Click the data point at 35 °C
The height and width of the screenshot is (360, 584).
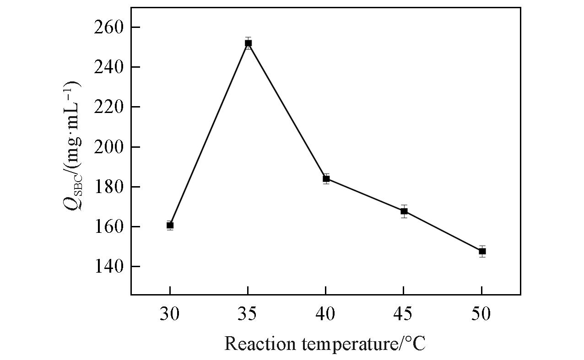point(248,43)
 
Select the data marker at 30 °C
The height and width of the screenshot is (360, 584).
point(170,225)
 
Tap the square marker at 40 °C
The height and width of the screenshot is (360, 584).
point(326,178)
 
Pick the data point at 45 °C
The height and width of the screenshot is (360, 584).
point(404,211)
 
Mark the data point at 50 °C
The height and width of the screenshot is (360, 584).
point(482,251)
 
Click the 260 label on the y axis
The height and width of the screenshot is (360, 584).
point(108,27)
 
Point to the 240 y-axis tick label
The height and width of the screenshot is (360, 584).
point(108,67)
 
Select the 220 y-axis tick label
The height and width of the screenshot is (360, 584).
point(108,107)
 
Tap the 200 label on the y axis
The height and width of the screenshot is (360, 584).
point(108,147)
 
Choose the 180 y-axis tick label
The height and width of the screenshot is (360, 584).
point(108,187)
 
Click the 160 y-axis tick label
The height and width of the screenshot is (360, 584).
point(108,226)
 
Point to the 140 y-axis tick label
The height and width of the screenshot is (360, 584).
point(108,266)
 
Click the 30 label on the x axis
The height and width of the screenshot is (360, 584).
point(170,314)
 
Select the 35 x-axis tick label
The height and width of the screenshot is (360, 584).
point(248,314)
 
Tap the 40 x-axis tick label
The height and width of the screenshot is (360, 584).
point(325,314)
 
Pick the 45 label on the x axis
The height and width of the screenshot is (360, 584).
point(403,314)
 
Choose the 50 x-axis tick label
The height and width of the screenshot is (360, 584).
point(481,314)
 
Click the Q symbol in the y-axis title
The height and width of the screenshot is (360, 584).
point(72,200)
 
